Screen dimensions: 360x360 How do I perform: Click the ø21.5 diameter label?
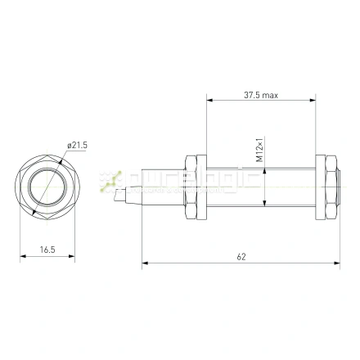[x=78, y=145]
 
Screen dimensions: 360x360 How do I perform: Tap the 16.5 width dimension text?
[x=46, y=250]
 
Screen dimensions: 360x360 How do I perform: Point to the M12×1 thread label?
[x=259, y=150]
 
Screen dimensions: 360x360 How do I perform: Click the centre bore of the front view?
[x=46, y=187]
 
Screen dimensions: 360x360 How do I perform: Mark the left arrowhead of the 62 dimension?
[x=146, y=263]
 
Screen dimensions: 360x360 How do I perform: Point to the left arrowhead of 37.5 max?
[x=209, y=101]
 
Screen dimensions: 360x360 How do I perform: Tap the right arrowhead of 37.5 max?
[x=314, y=101]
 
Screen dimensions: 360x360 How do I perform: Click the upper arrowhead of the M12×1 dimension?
[x=264, y=168]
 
